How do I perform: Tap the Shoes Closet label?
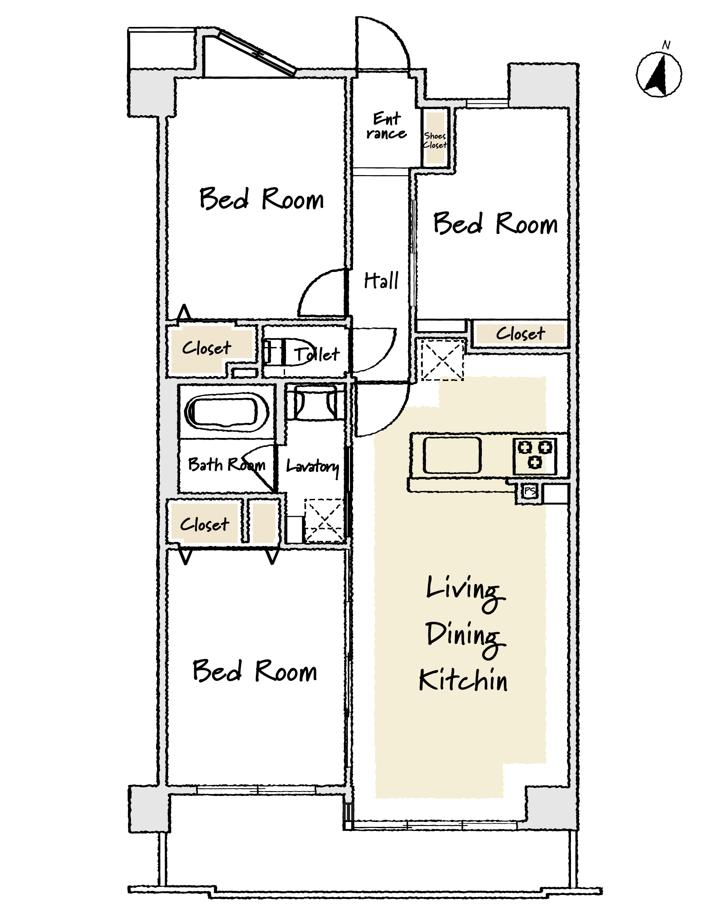point(435,140)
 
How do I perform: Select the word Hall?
point(381,280)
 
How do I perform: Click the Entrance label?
point(387,126)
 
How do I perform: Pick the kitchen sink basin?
point(452,455)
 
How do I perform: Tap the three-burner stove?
point(535,456)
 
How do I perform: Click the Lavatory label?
point(313,467)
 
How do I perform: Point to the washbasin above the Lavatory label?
point(315,402)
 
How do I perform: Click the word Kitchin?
point(463,680)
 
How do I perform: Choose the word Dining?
point(465,637)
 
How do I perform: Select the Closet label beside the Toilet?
point(207,348)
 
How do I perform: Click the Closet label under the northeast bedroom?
point(521,333)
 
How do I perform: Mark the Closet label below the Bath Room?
point(204,524)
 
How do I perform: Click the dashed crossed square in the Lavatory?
point(324,520)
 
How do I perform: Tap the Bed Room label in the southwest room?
point(255,671)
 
